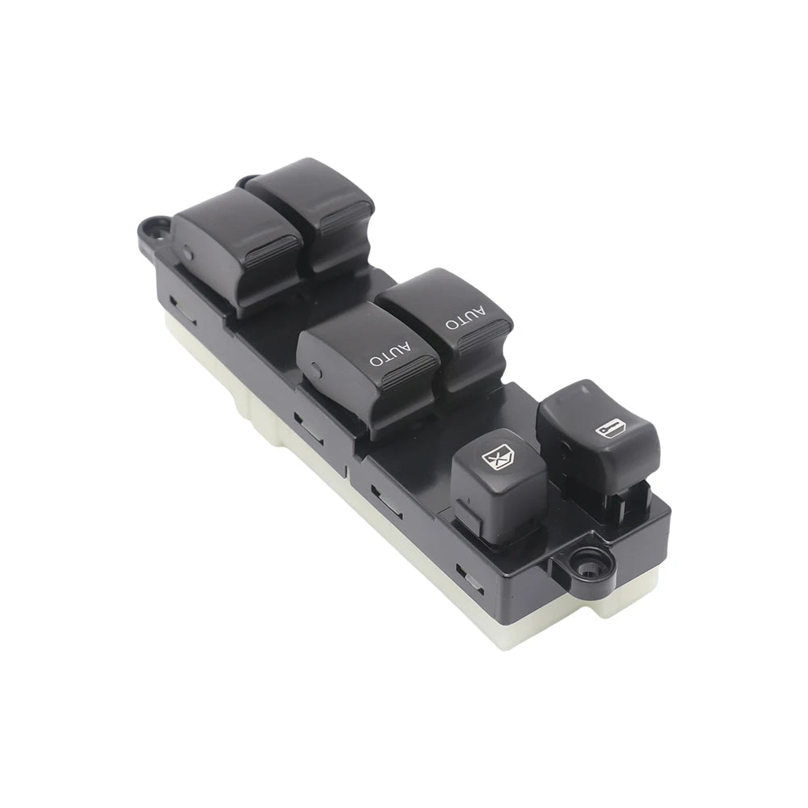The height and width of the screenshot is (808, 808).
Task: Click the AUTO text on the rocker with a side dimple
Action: [390, 354]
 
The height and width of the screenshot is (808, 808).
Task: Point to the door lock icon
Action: [612, 428]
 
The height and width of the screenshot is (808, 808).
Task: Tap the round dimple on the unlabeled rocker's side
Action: [187, 253]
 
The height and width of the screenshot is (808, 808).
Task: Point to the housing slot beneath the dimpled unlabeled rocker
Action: [183, 309]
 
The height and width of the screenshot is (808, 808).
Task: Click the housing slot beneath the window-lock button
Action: [386, 503]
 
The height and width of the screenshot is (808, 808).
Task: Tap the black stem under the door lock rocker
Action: [621, 506]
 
